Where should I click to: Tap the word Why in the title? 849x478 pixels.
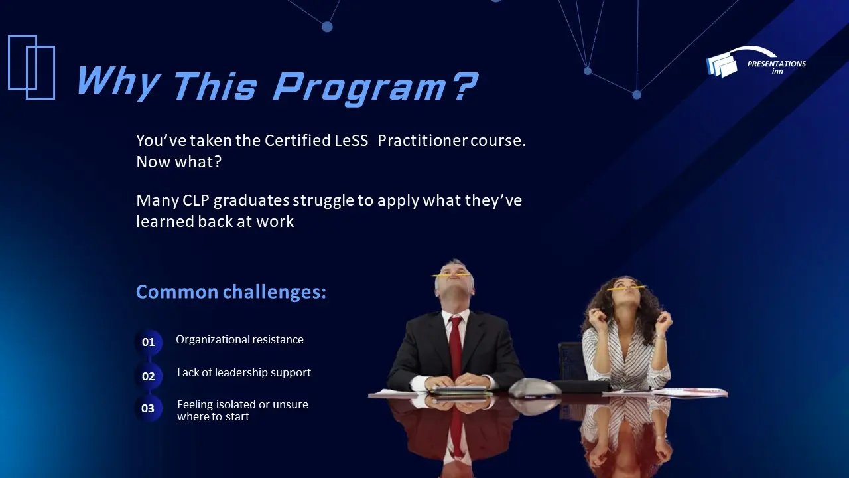(117, 83)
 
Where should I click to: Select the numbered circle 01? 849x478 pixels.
(149, 342)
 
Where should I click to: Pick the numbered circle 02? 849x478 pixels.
(149, 376)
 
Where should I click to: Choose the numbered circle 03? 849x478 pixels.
(148, 408)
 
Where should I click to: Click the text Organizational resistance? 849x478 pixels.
(239, 339)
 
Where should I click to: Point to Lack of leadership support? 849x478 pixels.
(243, 372)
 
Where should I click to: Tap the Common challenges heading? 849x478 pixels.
(231, 292)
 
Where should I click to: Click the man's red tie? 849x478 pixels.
(456, 345)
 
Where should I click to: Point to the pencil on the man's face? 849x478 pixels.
(451, 274)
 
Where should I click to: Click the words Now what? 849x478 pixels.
(178, 161)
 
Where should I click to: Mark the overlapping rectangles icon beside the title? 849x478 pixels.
(31, 66)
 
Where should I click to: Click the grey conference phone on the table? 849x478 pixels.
(534, 387)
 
